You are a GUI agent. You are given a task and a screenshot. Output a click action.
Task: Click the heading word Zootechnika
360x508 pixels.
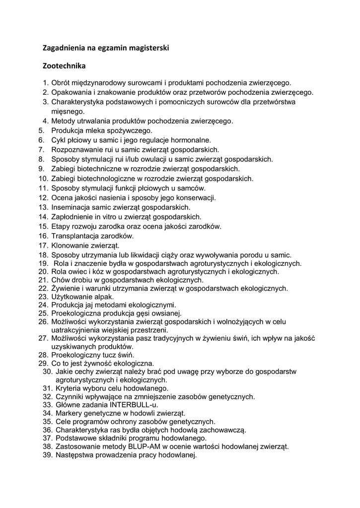[x=65, y=65]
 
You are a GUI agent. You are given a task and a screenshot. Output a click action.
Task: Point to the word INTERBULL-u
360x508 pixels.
[x=134, y=405]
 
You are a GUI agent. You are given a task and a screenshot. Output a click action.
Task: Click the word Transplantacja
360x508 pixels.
[x=75, y=236]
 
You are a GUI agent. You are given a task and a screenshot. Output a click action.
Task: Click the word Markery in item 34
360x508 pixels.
[x=70, y=413]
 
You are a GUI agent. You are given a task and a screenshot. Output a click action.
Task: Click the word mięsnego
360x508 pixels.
[x=68, y=112]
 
